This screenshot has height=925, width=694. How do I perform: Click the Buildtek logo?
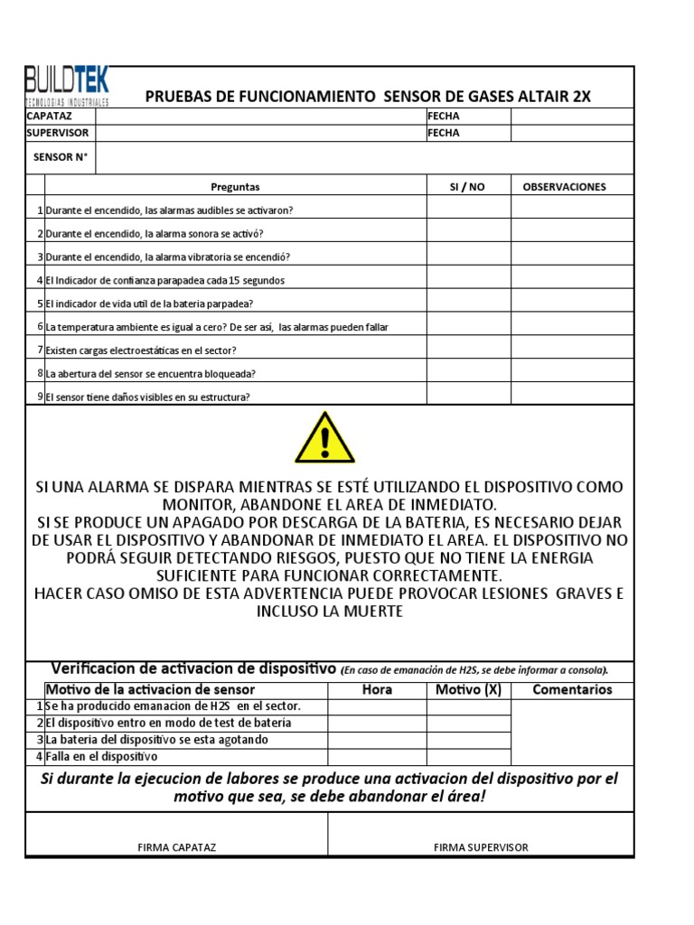coord(67,87)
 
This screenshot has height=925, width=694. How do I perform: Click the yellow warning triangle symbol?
coord(324,438)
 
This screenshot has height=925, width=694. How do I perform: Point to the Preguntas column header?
coord(235,187)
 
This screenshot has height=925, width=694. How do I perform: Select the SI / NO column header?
coord(467,187)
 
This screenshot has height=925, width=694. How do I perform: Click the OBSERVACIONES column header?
coord(565,187)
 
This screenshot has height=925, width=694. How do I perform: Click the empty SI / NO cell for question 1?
coord(468,210)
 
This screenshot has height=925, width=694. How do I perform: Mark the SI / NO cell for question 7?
coord(468,350)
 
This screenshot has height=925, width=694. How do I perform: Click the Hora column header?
coord(377,689)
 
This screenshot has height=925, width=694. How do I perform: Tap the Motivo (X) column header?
coord(468,689)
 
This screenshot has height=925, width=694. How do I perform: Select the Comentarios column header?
coord(572,689)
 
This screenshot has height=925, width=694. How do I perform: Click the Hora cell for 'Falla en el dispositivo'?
coord(377,756)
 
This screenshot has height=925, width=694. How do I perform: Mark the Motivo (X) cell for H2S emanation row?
coord(468,705)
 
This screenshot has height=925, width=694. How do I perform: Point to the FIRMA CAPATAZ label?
coord(176,847)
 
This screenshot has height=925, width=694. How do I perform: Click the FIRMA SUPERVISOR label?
coord(481,847)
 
